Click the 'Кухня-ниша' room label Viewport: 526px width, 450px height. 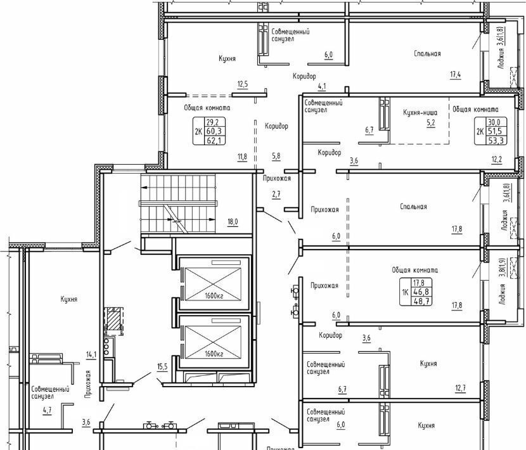coord(420,113)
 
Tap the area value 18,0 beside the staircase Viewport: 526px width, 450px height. coord(233,221)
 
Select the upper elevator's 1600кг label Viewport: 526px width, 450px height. coord(214,296)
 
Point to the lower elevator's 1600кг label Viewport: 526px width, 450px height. coord(214,354)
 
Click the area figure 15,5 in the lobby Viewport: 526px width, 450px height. coord(162,367)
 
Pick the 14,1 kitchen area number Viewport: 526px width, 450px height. coord(91,354)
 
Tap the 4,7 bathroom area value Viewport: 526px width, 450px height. coord(48,409)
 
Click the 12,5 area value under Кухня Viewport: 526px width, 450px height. coord(243,84)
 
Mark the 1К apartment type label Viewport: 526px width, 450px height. coord(405,292)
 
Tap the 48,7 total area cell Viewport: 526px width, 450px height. coord(422,301)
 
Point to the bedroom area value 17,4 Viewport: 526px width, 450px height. coord(455,75)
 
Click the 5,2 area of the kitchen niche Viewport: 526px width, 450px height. coord(431,123)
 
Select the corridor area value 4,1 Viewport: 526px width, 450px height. coord(322,86)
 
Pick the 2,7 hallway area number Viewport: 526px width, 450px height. coord(276,194)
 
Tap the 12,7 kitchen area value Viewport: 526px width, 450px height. coord(460,389)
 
